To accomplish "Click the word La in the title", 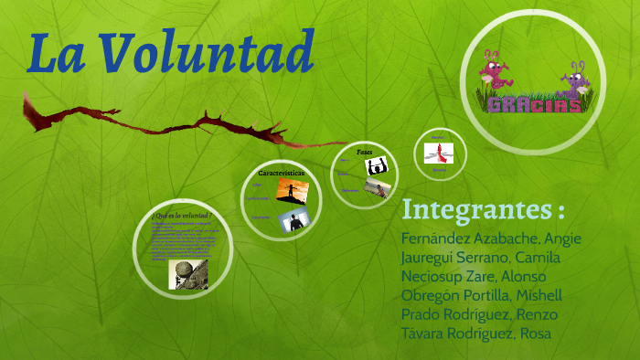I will [60, 53].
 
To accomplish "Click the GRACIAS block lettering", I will [535, 103].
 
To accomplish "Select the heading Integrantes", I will [483, 209].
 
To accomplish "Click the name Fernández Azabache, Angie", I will [491, 238].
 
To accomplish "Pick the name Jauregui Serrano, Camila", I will [481, 258].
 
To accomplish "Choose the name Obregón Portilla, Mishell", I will [482, 295].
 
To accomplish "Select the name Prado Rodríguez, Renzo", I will [479, 314].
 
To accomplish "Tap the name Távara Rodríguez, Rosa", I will [476, 334].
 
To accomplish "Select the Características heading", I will [281, 172].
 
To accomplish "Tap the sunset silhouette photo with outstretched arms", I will [292, 191].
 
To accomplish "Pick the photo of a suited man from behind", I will [294, 219].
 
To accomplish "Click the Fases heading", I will [365, 152].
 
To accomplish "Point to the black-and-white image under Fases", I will [376, 166].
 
